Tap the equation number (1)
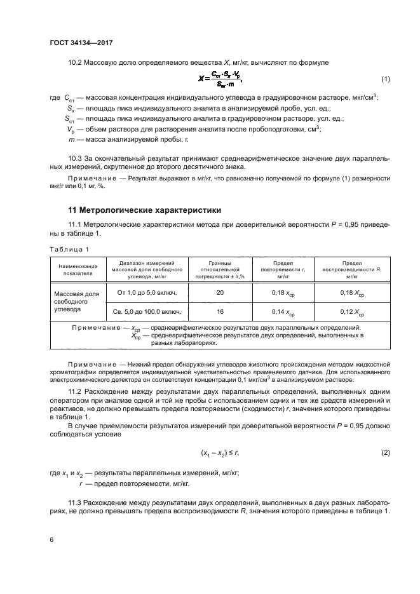(x=385, y=79)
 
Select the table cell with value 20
(x=220, y=293)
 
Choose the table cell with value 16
(x=220, y=312)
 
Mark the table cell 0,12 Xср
(x=351, y=313)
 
